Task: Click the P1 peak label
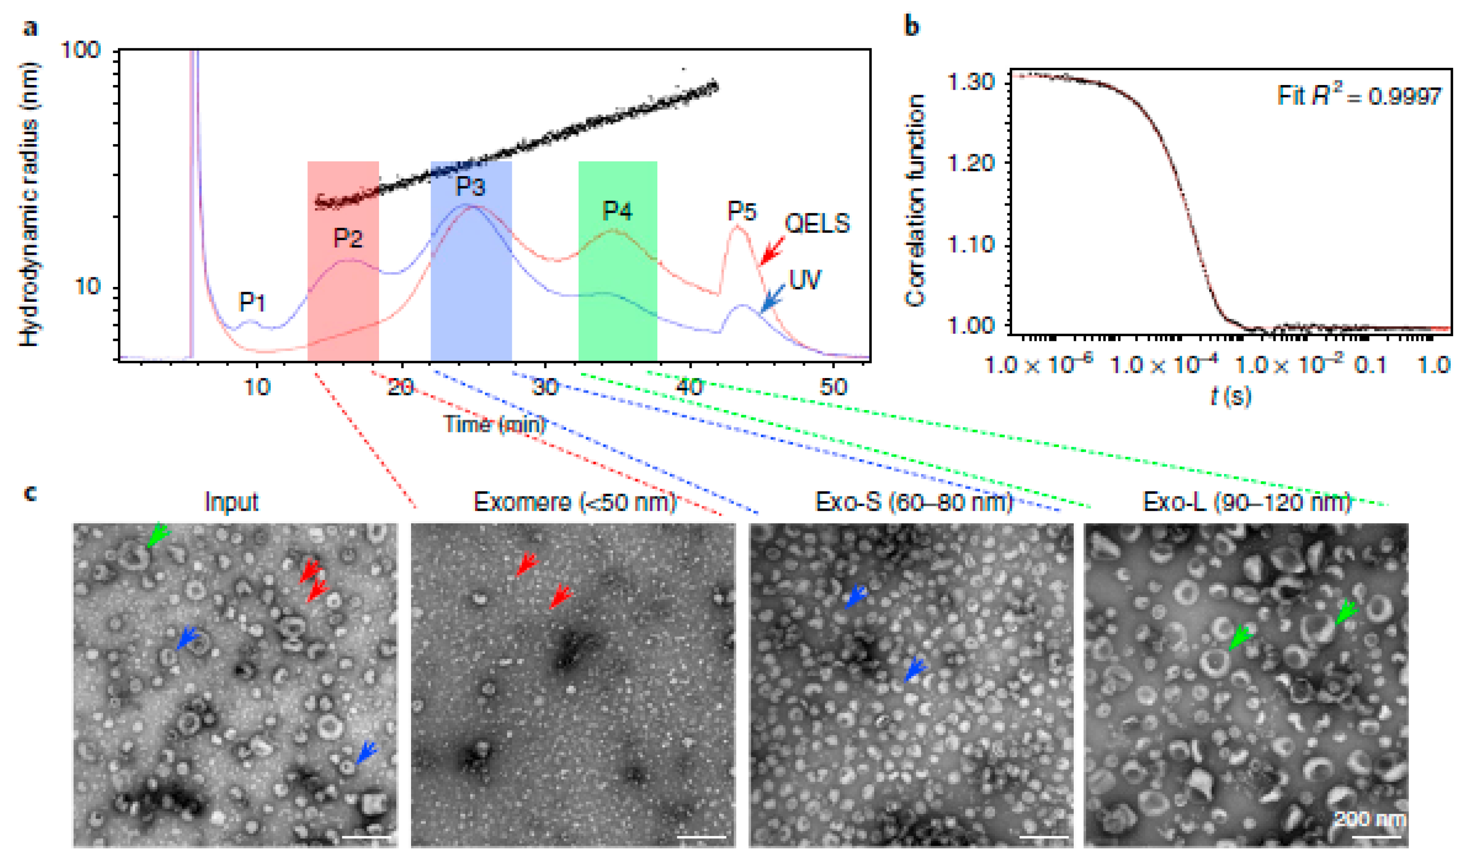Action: tap(252, 302)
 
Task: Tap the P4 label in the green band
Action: tap(617, 211)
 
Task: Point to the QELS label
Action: tap(816, 223)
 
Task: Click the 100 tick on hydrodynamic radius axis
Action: tap(81, 50)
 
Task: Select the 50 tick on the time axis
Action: tap(833, 387)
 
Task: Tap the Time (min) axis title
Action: tap(495, 423)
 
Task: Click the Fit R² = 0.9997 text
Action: tap(1358, 95)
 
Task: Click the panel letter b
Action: tap(911, 26)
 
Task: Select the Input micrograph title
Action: tap(231, 501)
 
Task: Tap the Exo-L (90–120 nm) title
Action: tap(1246, 501)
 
